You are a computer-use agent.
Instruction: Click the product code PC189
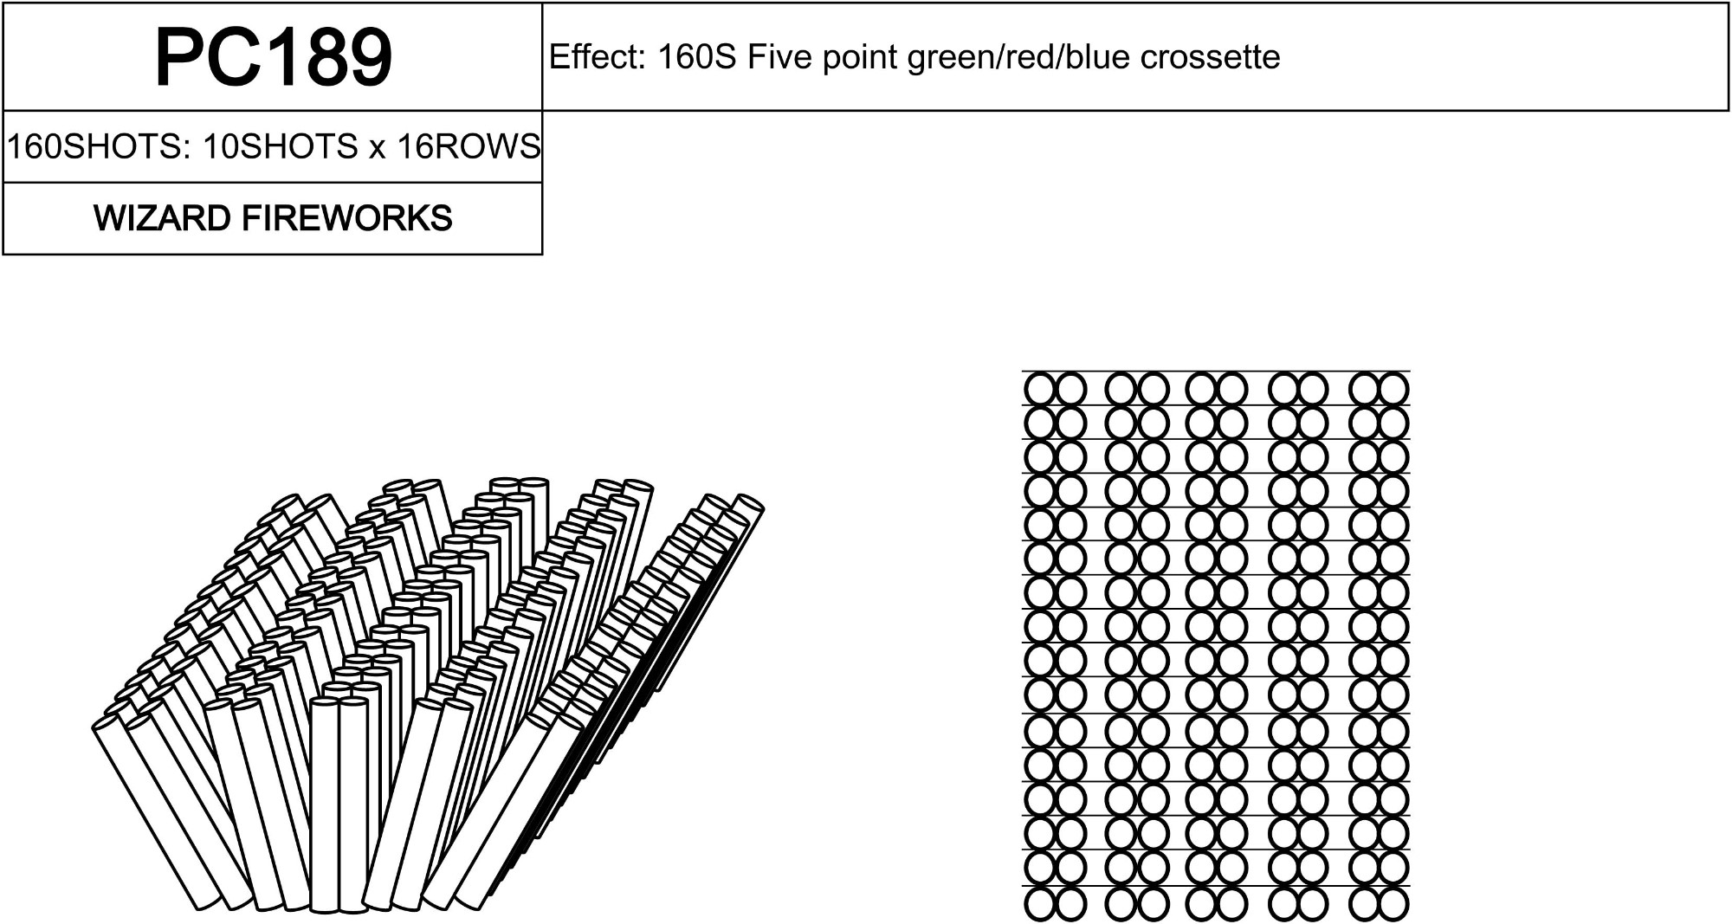coord(273,57)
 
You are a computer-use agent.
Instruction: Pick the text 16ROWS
coord(469,146)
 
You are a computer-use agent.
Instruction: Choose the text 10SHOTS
coord(280,146)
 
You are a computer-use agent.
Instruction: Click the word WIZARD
coord(162,218)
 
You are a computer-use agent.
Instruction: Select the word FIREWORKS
coord(346,218)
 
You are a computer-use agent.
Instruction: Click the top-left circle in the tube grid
coord(1039,389)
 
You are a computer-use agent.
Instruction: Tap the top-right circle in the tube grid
coord(1394,389)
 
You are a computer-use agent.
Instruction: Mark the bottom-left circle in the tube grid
coord(1039,904)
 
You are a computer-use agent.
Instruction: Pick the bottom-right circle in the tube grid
coord(1394,904)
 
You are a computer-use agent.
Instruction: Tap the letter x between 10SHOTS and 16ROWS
coord(377,147)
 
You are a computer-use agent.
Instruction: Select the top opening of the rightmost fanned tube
coord(749,502)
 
